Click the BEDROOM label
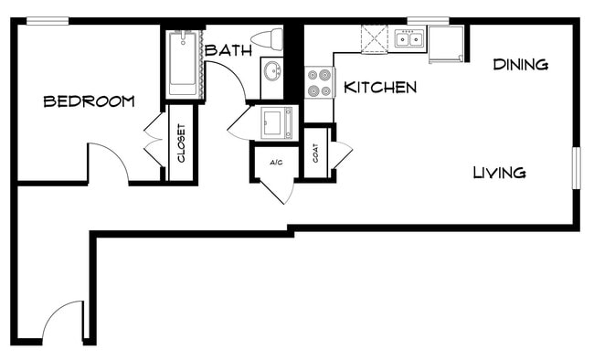pos(90,101)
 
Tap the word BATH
pos(228,50)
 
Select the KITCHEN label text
pos(380,88)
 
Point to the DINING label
pos(520,65)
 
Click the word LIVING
pos(499,172)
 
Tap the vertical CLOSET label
pos(181,143)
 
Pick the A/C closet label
pos(275,163)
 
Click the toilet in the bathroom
pos(268,39)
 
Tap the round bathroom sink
pos(271,70)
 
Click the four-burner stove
pos(319,84)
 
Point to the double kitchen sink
pos(408,39)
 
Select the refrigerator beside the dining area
pos(447,43)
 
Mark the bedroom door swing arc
pos(109,161)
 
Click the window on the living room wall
pos(577,168)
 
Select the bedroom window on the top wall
pos(47,21)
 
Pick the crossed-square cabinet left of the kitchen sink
pos(375,39)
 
